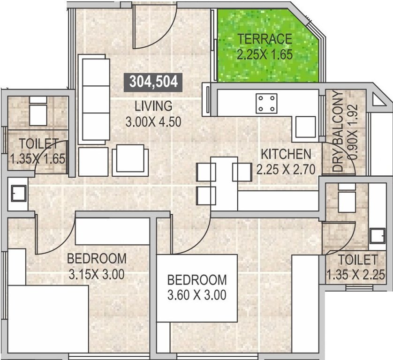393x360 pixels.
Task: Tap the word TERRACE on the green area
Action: (x=265, y=39)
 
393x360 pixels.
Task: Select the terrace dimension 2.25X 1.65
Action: (x=265, y=54)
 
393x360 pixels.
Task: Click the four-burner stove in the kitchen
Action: (x=266, y=104)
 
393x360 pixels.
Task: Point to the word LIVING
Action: (x=153, y=105)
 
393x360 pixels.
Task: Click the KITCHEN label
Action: (x=286, y=154)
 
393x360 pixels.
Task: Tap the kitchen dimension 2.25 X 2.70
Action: (x=286, y=169)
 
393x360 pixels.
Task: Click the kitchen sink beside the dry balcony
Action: (x=306, y=125)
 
